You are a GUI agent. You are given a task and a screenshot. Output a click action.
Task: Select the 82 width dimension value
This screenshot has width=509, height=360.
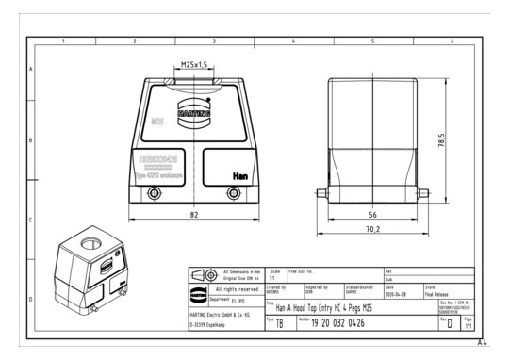tap(193, 216)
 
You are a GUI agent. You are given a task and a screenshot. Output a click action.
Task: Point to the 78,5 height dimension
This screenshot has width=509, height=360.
tap(439, 139)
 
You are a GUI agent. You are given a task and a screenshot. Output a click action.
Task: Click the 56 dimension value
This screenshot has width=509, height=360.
tap(371, 214)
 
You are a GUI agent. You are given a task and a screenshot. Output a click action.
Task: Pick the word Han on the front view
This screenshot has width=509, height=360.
tap(239, 175)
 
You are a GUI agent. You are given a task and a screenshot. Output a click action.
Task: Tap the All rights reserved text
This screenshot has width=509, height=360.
tap(231, 288)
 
